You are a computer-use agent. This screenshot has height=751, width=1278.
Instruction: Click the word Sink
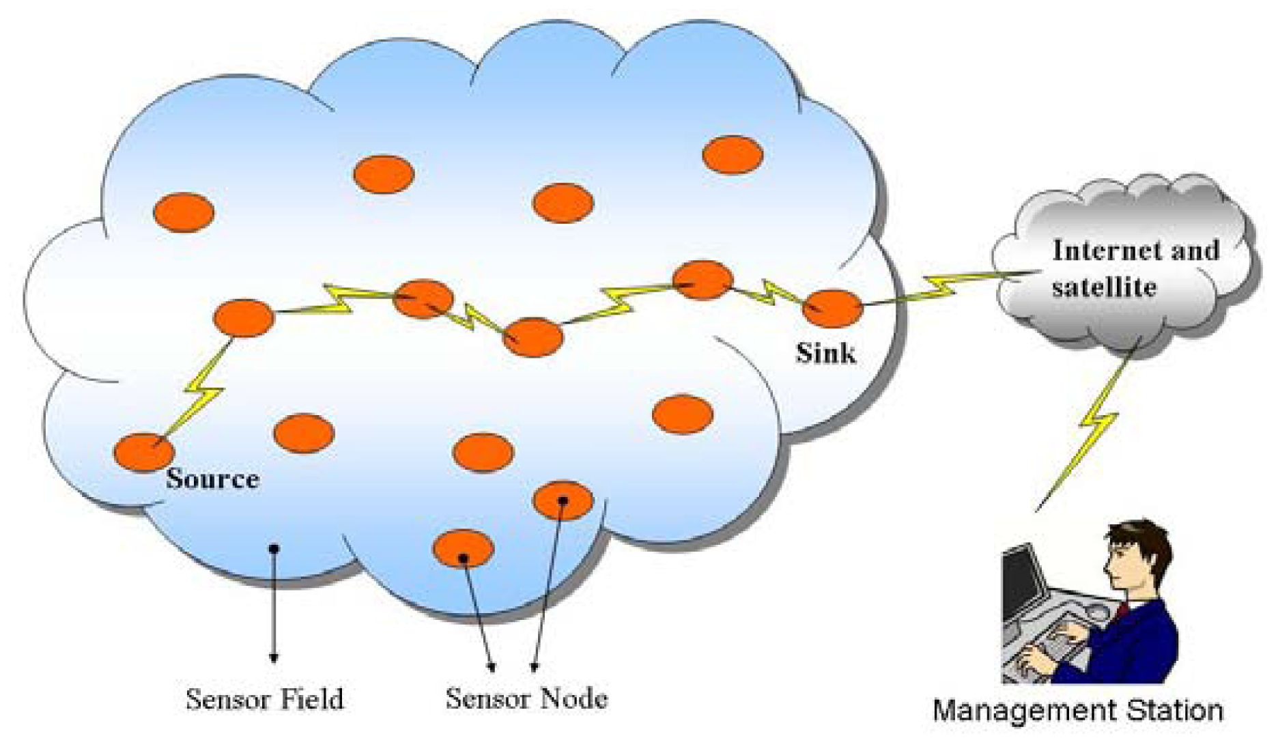click(x=825, y=354)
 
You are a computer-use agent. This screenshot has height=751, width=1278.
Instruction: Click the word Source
click(x=212, y=479)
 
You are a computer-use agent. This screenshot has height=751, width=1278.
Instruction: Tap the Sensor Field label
click(x=264, y=699)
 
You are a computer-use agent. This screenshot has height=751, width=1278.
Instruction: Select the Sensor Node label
click(x=526, y=698)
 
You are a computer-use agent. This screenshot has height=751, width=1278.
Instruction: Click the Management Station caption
click(x=1077, y=711)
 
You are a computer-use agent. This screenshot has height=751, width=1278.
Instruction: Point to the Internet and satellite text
click(x=1133, y=268)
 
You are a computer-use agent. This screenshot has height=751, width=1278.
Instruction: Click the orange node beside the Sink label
click(x=832, y=309)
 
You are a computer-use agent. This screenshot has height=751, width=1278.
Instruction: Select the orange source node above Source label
click(x=143, y=452)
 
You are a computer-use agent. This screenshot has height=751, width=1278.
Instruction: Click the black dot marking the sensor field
click(x=274, y=548)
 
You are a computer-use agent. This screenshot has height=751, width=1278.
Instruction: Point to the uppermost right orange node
click(x=733, y=155)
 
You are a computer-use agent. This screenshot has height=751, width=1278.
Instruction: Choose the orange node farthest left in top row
click(x=184, y=212)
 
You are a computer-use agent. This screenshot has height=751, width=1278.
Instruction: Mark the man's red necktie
click(x=1120, y=610)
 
